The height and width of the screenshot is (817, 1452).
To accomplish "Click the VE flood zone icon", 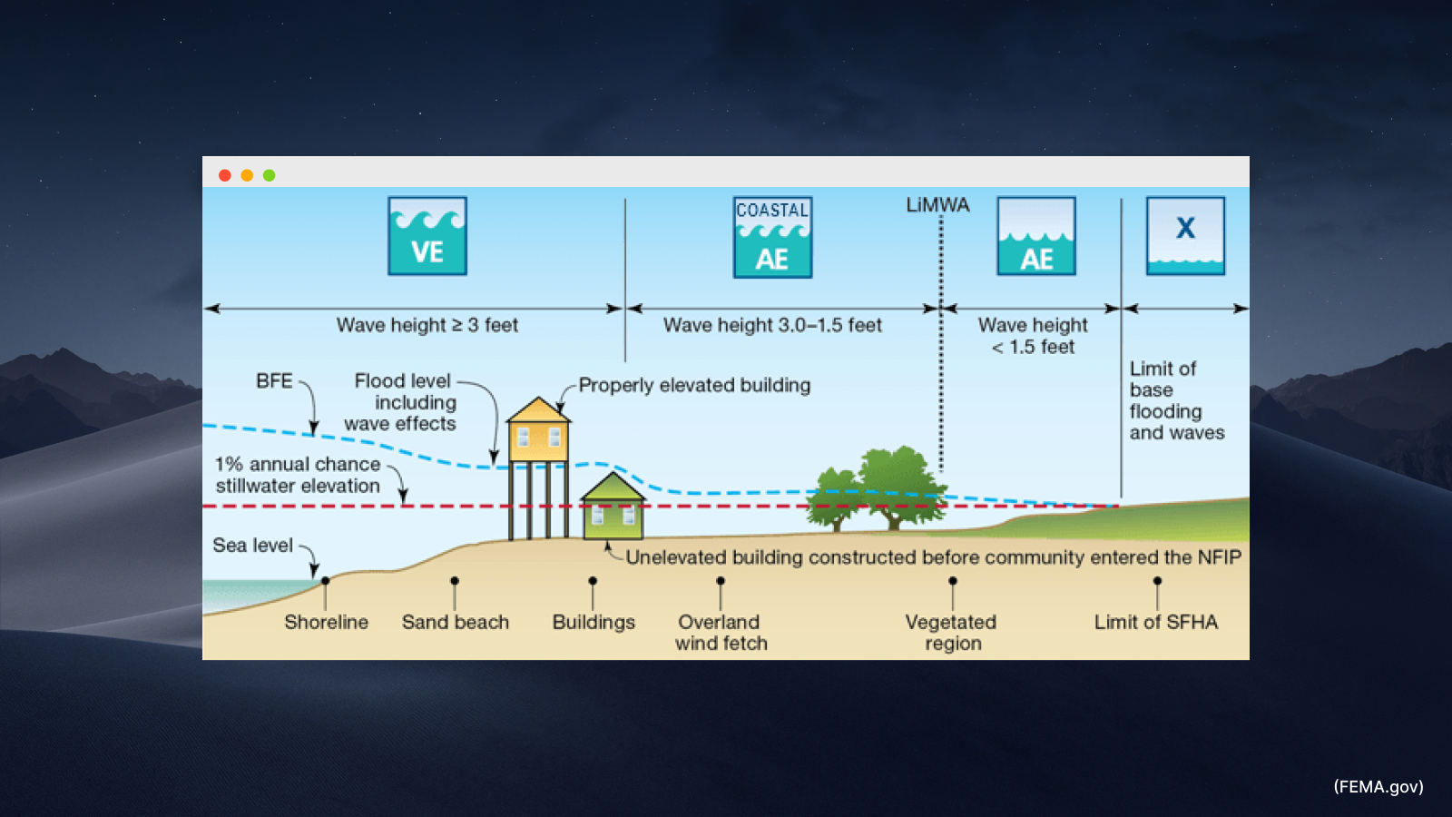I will click(x=427, y=236).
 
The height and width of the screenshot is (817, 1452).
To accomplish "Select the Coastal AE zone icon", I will click(x=772, y=237).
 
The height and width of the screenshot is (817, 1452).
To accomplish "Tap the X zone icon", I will click(x=1185, y=235).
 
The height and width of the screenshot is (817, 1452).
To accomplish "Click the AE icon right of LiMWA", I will click(x=1036, y=236).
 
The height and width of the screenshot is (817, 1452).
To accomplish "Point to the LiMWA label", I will click(x=937, y=205).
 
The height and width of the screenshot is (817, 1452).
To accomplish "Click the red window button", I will click(x=225, y=175).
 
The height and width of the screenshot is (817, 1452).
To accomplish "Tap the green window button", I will click(x=269, y=175).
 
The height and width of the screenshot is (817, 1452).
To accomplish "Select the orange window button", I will click(x=247, y=175).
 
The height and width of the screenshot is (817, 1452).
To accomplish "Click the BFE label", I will click(x=274, y=381).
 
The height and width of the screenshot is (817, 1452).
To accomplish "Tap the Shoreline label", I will click(x=326, y=622).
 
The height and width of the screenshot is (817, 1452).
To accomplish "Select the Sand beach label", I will click(x=456, y=622).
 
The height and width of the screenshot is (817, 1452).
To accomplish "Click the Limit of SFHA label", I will click(x=1155, y=622).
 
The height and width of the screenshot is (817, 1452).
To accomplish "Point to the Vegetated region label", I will click(x=952, y=633).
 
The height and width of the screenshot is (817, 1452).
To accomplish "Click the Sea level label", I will click(x=252, y=545).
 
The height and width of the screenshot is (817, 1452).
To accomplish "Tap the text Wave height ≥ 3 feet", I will click(x=427, y=325).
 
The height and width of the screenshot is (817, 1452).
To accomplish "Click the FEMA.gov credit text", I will click(x=1378, y=787).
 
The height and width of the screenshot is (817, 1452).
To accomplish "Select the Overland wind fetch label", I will click(x=721, y=633).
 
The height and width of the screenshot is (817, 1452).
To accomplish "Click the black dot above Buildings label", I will click(x=593, y=581).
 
